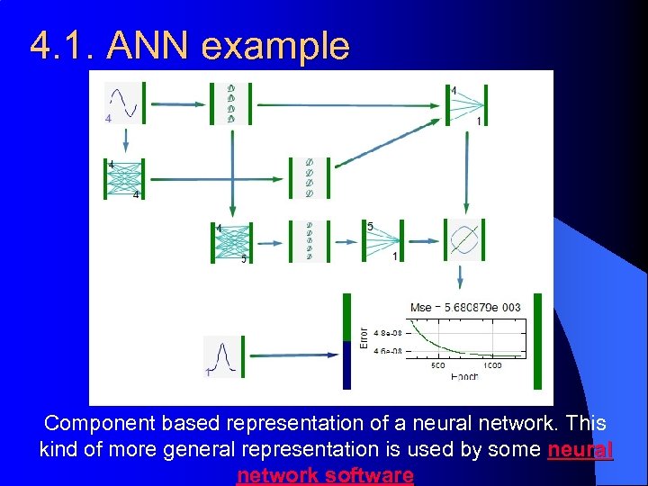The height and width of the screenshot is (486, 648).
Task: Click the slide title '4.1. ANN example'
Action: (x=189, y=45)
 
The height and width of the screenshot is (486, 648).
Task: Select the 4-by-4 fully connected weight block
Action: (x=123, y=179)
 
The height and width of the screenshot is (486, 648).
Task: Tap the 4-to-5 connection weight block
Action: (x=232, y=242)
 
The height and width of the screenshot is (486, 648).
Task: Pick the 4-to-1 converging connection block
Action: (x=465, y=104)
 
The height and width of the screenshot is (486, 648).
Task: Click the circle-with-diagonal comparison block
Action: (x=465, y=240)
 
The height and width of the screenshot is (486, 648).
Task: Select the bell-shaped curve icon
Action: (x=222, y=355)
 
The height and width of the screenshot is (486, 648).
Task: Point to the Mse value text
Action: (x=465, y=307)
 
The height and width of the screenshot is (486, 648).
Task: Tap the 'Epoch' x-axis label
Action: (x=464, y=376)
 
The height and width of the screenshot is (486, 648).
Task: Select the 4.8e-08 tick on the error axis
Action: (x=389, y=331)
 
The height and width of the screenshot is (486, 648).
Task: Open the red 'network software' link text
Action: (x=325, y=474)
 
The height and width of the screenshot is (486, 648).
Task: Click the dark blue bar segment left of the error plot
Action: (x=346, y=364)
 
